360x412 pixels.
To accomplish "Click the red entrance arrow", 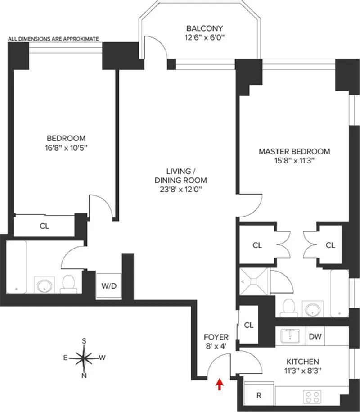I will pyautogui.click(x=220, y=384).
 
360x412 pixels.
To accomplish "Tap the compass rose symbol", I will pyautogui.click(x=84, y=358).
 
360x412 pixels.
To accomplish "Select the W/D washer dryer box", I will pyautogui.click(x=109, y=286).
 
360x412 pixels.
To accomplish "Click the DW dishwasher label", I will pyautogui.click(x=314, y=335).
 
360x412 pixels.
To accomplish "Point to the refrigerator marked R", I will pyautogui.click(x=259, y=396).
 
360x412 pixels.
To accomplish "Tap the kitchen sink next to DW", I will pyautogui.click(x=291, y=335).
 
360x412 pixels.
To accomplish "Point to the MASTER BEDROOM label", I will pyautogui.click(x=294, y=152).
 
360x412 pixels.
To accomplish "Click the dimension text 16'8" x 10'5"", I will pyautogui.click(x=66, y=147).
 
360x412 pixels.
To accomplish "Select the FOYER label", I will pyautogui.click(x=216, y=337).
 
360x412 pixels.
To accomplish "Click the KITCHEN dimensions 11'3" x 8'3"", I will pyautogui.click(x=303, y=371).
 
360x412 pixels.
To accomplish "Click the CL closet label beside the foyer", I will pyautogui.click(x=248, y=324).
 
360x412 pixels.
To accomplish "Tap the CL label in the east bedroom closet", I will pyautogui.click(x=44, y=226).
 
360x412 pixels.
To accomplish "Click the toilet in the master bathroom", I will pyautogui.click(x=286, y=308).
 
